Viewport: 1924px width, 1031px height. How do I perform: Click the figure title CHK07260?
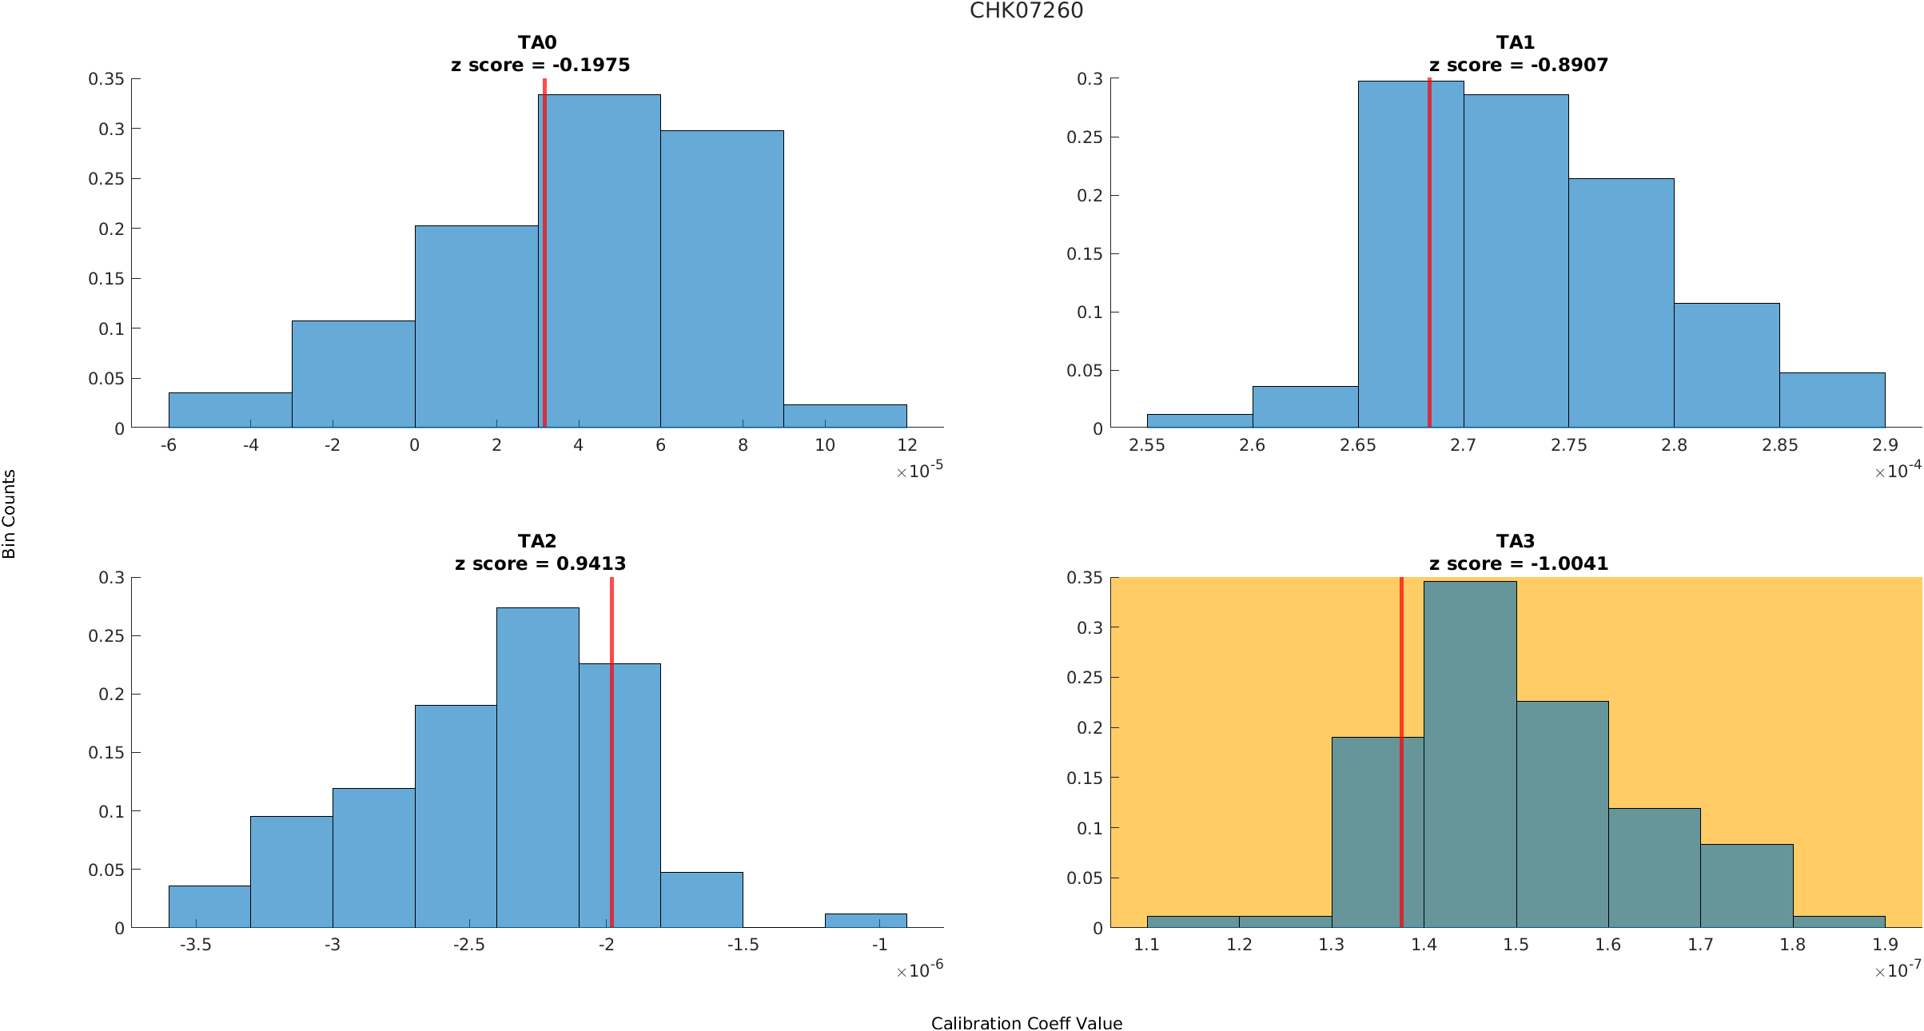click(x=1026, y=10)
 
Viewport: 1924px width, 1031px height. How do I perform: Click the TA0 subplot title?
click(x=537, y=42)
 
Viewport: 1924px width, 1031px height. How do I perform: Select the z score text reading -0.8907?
click(x=1518, y=65)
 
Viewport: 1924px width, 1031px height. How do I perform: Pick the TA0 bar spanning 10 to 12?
click(x=845, y=416)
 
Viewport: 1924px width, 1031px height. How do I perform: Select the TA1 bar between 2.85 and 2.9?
click(x=1832, y=400)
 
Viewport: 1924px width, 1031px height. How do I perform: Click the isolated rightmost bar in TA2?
click(x=866, y=921)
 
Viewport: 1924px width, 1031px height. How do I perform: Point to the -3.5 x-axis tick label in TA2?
click(x=195, y=945)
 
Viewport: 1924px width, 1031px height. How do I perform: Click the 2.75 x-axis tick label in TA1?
click(x=1569, y=445)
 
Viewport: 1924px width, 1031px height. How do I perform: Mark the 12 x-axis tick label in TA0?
click(x=906, y=445)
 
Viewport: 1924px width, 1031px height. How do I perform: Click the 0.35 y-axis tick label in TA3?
click(x=1084, y=578)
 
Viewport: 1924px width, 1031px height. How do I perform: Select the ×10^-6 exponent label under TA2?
click(x=920, y=969)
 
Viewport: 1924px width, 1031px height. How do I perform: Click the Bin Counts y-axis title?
click(x=10, y=514)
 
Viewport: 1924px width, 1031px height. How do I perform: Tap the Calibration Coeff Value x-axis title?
click(x=1026, y=1024)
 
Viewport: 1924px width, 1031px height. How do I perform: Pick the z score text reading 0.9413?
click(x=540, y=563)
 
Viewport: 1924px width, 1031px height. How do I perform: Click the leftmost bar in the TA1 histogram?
click(x=1199, y=421)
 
